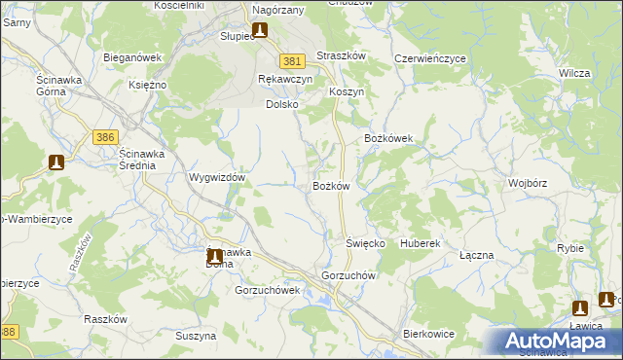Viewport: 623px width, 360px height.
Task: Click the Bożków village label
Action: (331, 186)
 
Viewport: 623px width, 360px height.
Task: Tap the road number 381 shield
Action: (289, 60)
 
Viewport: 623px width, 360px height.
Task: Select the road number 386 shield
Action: (106, 138)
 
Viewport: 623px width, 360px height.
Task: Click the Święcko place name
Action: (366, 242)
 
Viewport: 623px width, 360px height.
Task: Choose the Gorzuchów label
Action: (349, 275)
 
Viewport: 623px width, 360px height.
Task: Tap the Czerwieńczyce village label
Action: (429, 58)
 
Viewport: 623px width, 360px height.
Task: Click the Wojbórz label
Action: (528, 183)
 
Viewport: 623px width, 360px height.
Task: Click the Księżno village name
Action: (148, 85)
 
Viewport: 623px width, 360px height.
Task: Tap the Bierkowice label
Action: (428, 334)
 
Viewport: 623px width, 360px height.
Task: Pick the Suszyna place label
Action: (196, 336)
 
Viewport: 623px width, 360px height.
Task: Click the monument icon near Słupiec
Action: (260, 30)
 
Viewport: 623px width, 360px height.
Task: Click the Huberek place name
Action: (421, 242)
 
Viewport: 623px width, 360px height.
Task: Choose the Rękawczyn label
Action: (285, 79)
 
